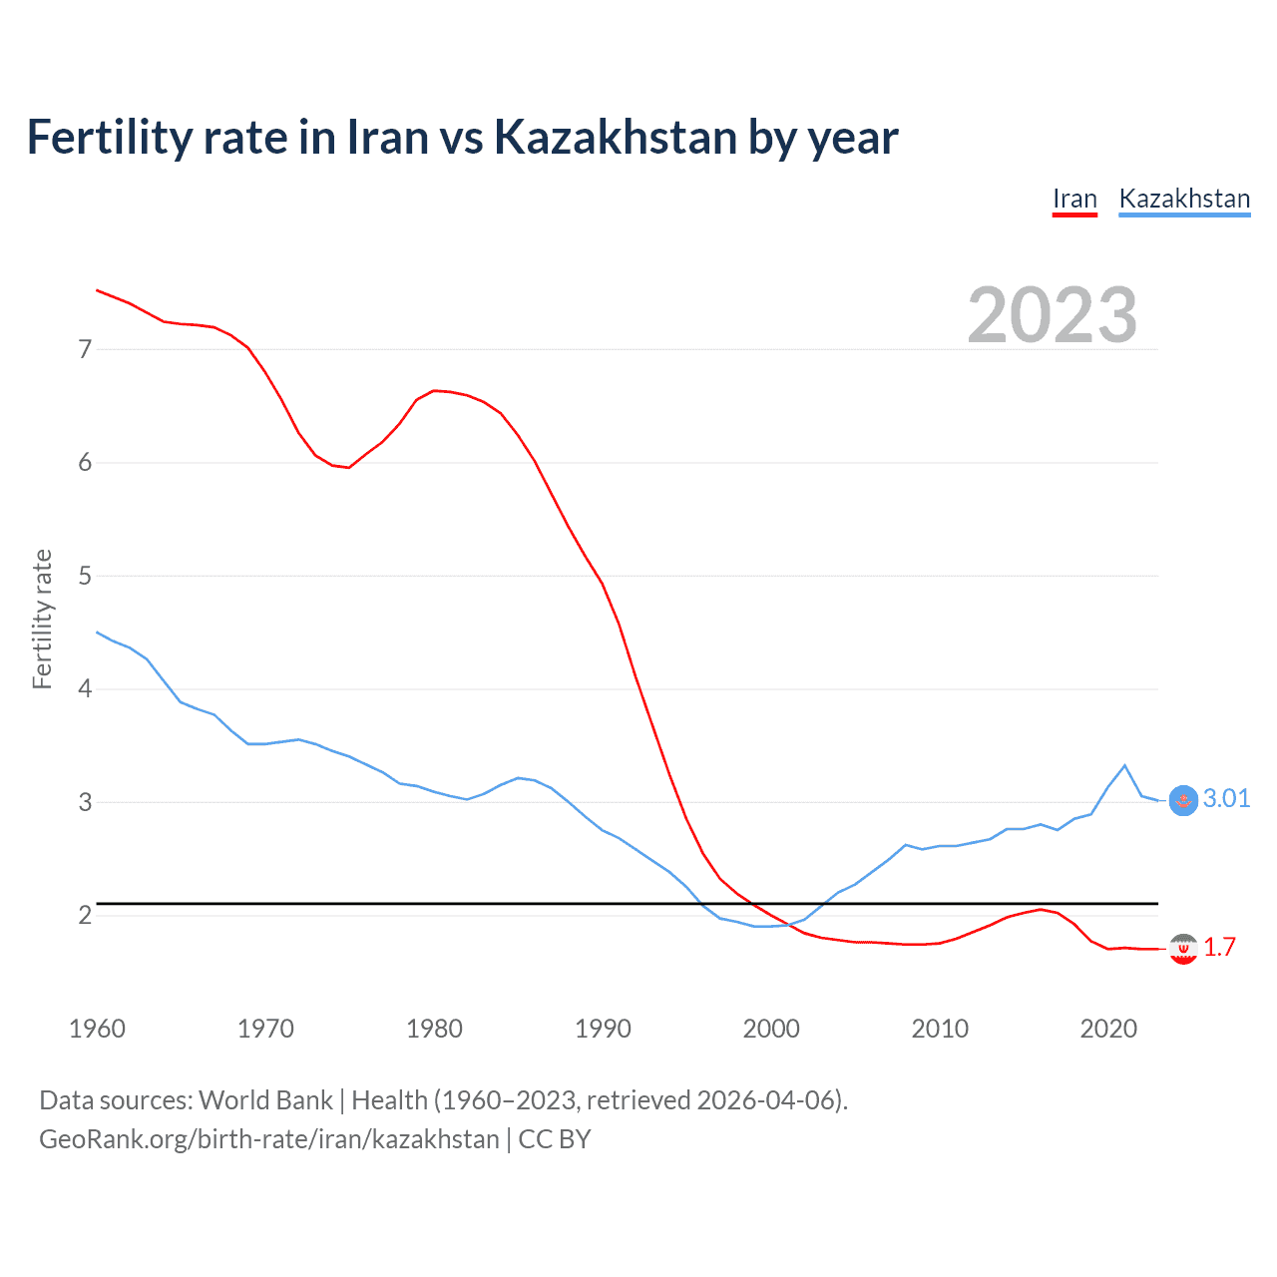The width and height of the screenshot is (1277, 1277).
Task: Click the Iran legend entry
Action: [x=1074, y=199]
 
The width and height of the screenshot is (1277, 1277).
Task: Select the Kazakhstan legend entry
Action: [x=1184, y=199]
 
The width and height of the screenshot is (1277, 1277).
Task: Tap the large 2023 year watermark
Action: [x=1052, y=315]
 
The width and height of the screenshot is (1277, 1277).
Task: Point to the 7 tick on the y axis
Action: [x=85, y=349]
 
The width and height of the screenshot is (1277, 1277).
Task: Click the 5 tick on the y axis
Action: [x=85, y=576]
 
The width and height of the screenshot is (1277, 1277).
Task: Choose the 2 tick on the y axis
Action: [x=85, y=915]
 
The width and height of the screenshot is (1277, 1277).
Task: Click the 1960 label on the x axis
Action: [x=97, y=1029]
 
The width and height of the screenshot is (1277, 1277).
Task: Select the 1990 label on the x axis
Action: [x=603, y=1029]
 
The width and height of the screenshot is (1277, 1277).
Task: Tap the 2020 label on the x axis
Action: [x=1108, y=1029]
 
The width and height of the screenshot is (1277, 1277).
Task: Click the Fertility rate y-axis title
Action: [x=42, y=619]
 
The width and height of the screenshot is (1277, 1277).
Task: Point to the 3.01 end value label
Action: [x=1226, y=798]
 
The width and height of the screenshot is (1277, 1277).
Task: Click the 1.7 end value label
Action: [x=1219, y=947]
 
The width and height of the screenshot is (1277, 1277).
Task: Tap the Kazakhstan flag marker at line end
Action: [x=1183, y=800]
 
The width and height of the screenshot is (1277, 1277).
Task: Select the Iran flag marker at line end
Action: [x=1183, y=950]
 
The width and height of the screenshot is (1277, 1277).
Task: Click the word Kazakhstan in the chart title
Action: [x=615, y=137]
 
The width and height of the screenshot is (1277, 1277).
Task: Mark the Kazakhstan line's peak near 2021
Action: [x=1125, y=765]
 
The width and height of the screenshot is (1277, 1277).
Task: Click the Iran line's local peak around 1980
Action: [x=434, y=390]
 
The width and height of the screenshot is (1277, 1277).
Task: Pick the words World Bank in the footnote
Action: [x=265, y=1100]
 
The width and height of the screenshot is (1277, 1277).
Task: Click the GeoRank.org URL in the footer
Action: [x=268, y=1139]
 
